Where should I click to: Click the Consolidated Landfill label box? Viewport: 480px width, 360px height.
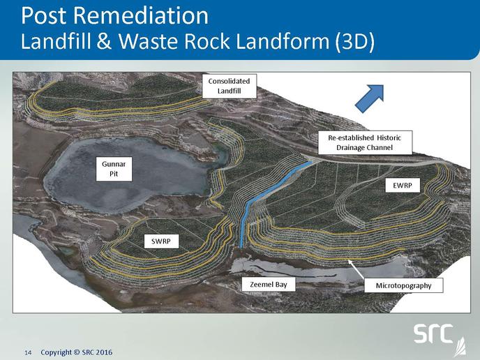point(229,86)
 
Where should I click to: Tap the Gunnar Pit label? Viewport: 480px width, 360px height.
point(114,169)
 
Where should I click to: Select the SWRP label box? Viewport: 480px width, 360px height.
point(161,241)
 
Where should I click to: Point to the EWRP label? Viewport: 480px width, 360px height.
point(403,185)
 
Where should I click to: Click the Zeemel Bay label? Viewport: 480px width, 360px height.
point(269,285)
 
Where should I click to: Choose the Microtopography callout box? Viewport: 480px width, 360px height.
point(403,285)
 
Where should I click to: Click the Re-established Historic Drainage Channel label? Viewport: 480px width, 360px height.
point(365,142)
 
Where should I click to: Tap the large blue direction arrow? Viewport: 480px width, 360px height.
point(370,98)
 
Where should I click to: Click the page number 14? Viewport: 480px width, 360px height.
point(28,352)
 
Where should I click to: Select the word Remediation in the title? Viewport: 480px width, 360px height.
point(141,15)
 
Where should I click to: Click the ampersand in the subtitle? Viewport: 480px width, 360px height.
point(105,41)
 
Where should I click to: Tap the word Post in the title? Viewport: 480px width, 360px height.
point(44,15)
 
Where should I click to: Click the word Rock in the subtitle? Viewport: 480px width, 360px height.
point(207,41)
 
